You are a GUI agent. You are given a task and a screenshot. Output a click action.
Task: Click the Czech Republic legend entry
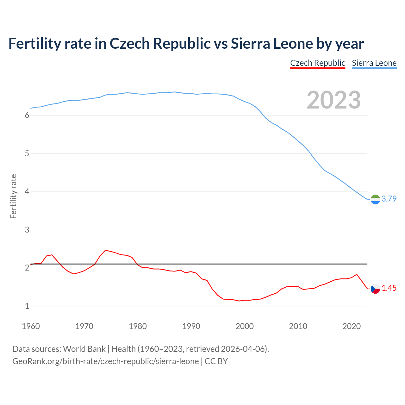click(x=317, y=63)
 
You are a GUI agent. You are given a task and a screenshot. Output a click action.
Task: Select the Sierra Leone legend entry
click(x=374, y=63)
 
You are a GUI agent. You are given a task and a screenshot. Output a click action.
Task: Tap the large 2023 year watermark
click(x=334, y=100)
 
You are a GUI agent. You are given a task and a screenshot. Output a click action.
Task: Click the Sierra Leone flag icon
click(x=375, y=199)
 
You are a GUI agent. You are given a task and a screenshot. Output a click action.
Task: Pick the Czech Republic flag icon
click(x=375, y=289)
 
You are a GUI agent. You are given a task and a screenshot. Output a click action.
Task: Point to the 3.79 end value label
click(x=389, y=199)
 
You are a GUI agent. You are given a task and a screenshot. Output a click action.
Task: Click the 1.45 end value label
click(x=389, y=288)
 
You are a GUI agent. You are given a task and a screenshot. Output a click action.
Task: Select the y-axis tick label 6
click(x=27, y=115)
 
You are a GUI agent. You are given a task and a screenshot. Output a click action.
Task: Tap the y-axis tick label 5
click(x=27, y=154)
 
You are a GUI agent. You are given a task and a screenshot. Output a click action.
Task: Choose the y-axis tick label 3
click(x=27, y=230)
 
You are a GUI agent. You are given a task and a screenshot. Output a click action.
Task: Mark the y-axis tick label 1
click(x=27, y=306)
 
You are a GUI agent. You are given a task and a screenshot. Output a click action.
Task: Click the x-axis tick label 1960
click(x=31, y=326)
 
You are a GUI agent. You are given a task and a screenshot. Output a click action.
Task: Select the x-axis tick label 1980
click(x=138, y=326)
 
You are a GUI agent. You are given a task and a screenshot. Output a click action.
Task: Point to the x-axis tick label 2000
click(x=245, y=326)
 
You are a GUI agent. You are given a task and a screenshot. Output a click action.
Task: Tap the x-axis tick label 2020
click(x=352, y=326)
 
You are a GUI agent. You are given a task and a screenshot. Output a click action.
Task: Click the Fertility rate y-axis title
click(x=13, y=196)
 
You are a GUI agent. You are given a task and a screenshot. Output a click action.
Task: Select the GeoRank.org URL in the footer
click(x=105, y=361)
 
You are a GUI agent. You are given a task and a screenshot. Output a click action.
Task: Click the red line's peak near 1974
click(x=105, y=250)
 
